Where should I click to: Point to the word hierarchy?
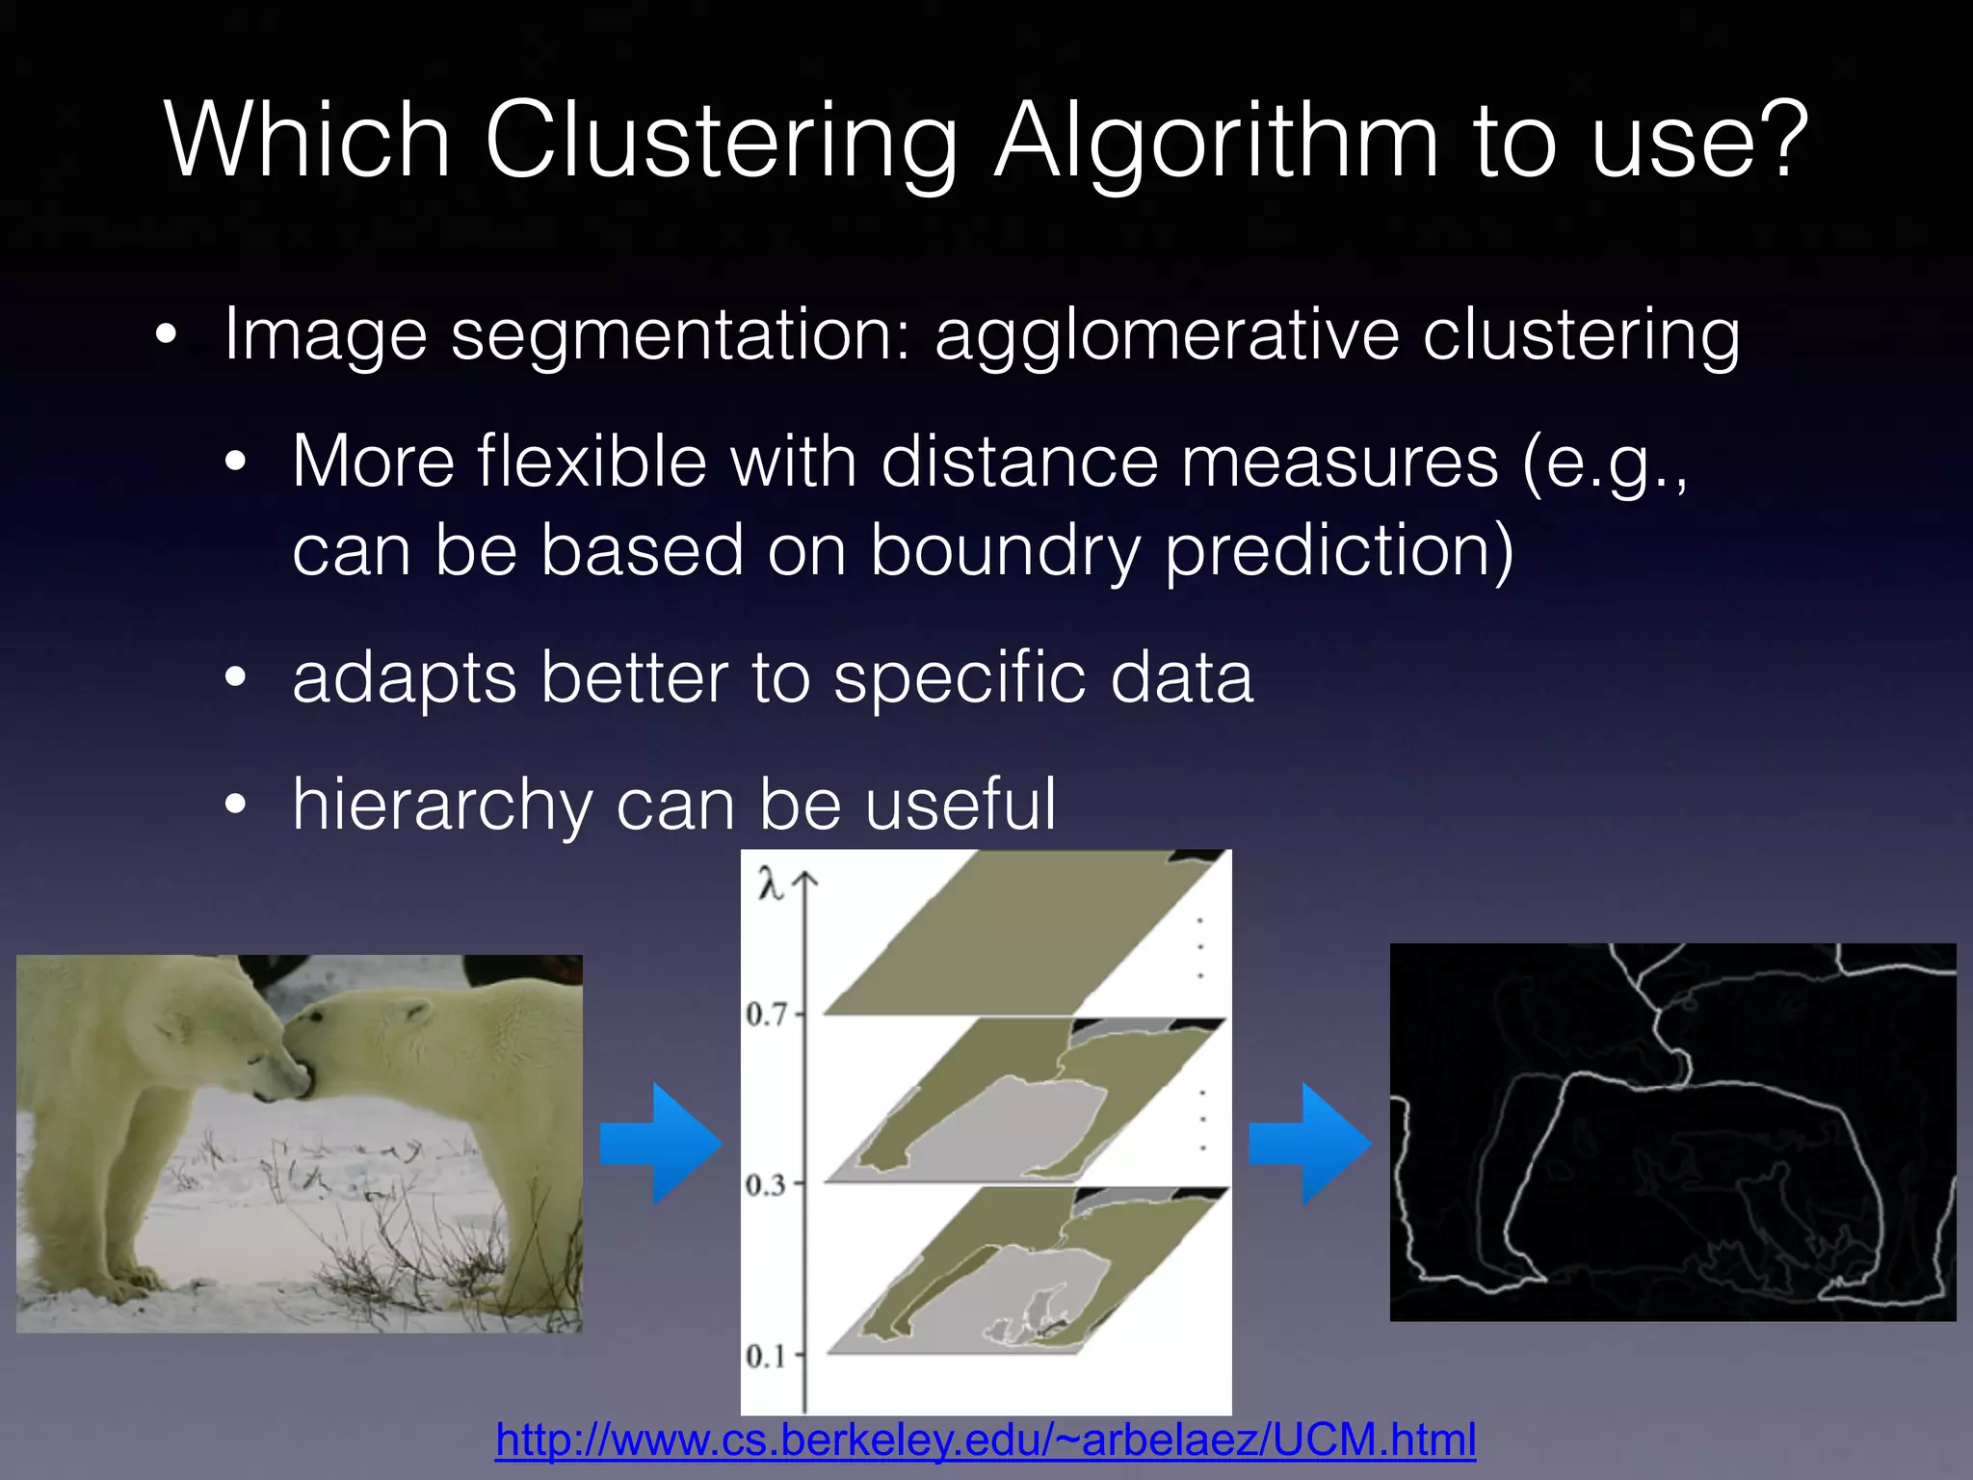441,806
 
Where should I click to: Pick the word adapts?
404,678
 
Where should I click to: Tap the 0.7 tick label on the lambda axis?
766,1014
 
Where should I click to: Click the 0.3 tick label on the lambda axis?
766,1184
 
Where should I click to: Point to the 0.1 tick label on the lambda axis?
766,1357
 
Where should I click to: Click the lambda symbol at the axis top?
770,883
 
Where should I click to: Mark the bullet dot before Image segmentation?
167,336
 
